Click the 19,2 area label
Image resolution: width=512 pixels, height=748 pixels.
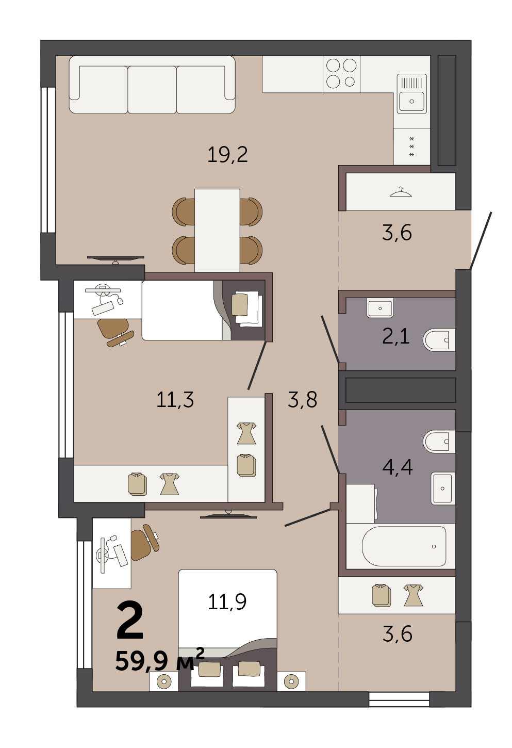coord(227,155)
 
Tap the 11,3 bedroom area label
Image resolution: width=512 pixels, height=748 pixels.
coord(175,400)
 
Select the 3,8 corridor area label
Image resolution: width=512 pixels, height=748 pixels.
coord(302,399)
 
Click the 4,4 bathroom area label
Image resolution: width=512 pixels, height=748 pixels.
coord(398,467)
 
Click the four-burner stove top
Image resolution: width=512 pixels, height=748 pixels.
coord(341,74)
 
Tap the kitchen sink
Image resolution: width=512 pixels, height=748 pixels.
coord(412,94)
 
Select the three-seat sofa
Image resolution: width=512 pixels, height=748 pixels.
coord(152,85)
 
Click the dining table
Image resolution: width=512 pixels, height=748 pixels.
coord(217,231)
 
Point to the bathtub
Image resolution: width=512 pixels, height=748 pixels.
coord(404,546)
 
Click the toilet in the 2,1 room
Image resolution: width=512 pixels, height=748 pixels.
coord(439,340)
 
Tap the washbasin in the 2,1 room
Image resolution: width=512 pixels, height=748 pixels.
coord(380,308)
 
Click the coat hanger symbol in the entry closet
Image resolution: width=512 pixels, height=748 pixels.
coord(401,192)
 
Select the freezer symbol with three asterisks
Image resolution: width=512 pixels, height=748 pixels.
coord(412,147)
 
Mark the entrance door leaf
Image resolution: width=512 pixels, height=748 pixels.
coord(481,240)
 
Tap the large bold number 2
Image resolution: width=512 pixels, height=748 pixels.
coord(130,620)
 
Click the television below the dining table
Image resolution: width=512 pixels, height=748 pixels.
coord(115,259)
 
